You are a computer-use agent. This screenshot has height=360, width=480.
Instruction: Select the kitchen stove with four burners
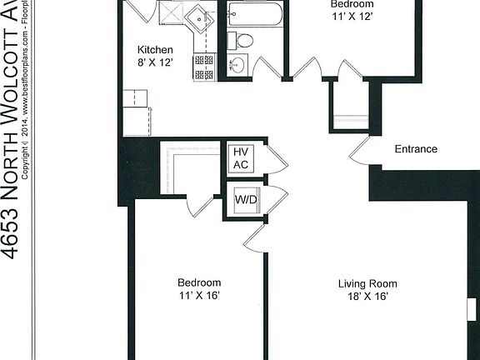click(204, 67)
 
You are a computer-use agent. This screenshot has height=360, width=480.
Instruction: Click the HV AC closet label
click(240, 158)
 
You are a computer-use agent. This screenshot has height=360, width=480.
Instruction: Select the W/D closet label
click(246, 201)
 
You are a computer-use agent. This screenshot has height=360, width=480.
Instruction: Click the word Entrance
click(415, 149)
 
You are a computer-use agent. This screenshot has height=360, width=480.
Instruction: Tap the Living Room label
click(363, 283)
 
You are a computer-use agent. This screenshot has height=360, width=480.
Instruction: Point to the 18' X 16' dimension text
click(363, 297)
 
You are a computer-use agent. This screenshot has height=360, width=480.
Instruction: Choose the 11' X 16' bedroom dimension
click(199, 296)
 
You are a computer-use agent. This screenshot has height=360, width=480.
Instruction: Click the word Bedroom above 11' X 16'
click(199, 282)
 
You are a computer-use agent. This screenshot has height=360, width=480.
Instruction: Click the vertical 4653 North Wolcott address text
click(12, 133)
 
